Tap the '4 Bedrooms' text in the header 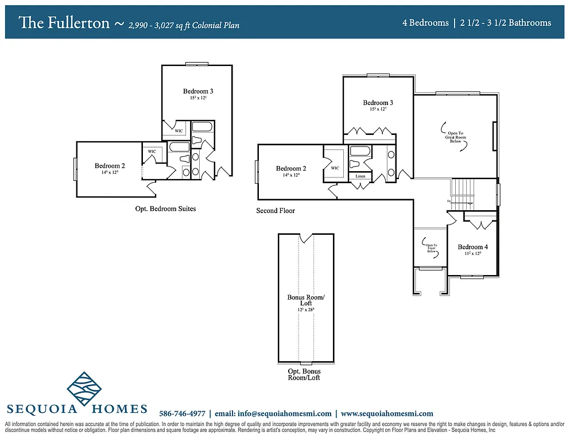click(425, 23)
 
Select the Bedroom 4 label click(473, 247)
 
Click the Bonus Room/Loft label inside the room click(306, 300)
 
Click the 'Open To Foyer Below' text click(432, 248)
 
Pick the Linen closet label click(360, 176)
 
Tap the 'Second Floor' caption click(276, 211)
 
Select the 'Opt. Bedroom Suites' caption click(165, 208)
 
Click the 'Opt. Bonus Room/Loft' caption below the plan click(304, 374)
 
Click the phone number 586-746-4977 click(182, 413)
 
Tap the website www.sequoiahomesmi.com click(387, 413)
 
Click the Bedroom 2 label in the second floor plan click(291, 168)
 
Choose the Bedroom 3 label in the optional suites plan click(198, 91)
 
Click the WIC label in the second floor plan click(335, 168)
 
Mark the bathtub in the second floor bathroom click(360, 152)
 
